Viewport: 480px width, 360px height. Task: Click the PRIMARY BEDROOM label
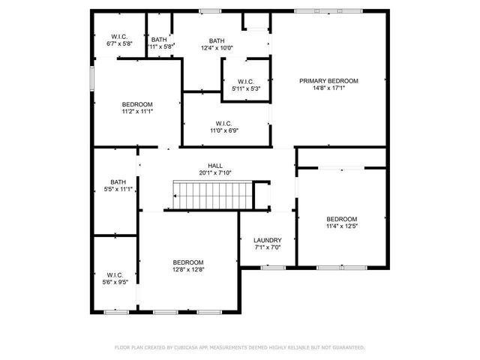coord(328,81)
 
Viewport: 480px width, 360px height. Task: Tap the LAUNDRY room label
coord(267,240)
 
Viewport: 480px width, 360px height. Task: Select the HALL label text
coord(215,165)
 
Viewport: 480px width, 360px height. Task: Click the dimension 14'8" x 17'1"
coord(328,88)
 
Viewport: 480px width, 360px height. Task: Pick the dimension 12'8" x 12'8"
coord(187,269)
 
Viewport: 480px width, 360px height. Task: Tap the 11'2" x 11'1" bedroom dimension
coord(137,112)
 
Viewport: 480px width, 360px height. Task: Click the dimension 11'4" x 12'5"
coord(341,226)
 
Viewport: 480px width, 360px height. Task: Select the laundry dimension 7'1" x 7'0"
coord(267,247)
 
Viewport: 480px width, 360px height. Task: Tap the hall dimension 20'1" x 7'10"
coord(215,172)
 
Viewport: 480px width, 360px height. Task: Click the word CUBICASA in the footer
coord(189,348)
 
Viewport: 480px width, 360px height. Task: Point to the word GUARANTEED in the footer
coord(347,348)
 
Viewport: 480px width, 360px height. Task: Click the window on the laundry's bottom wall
coord(267,267)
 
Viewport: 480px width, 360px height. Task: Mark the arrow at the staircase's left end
coord(175,196)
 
